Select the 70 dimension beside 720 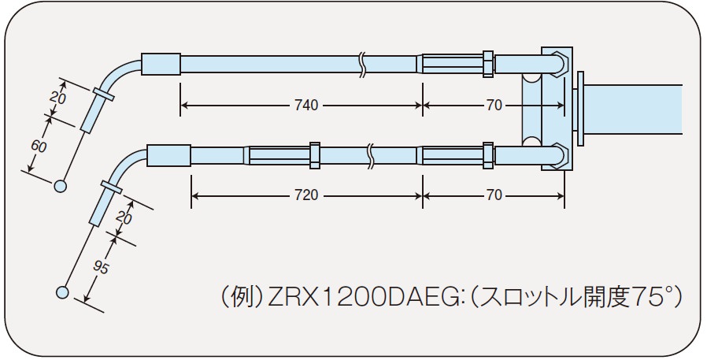[494, 195]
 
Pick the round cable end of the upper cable [60, 187]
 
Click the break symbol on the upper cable [361, 63]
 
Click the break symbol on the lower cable [370, 154]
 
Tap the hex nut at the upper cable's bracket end [488, 63]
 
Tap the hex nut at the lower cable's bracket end [488, 154]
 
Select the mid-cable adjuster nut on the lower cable [315, 154]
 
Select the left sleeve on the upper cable [161, 62]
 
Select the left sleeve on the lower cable [169, 154]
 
